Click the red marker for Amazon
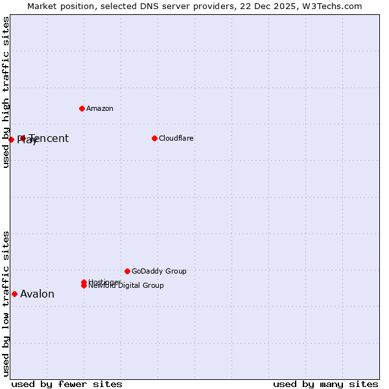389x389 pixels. [x=82, y=108]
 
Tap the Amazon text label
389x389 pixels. [x=100, y=108]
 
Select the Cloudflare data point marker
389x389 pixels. [x=154, y=138]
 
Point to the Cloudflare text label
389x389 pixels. [x=176, y=138]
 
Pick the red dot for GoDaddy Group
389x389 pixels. [x=127, y=271]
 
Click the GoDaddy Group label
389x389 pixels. [x=159, y=271]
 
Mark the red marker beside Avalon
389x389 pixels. [x=14, y=294]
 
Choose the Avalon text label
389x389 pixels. [x=37, y=294]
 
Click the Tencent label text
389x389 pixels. [x=49, y=138]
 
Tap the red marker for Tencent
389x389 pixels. [x=23, y=138]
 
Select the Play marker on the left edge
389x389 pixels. [x=11, y=139]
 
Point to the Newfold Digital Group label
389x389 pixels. [x=127, y=286]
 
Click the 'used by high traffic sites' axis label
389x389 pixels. [x=6, y=92]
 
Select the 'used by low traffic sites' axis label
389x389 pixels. [x=6, y=303]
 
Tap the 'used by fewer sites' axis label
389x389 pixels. [x=67, y=384]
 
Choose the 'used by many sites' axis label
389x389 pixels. [x=325, y=384]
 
